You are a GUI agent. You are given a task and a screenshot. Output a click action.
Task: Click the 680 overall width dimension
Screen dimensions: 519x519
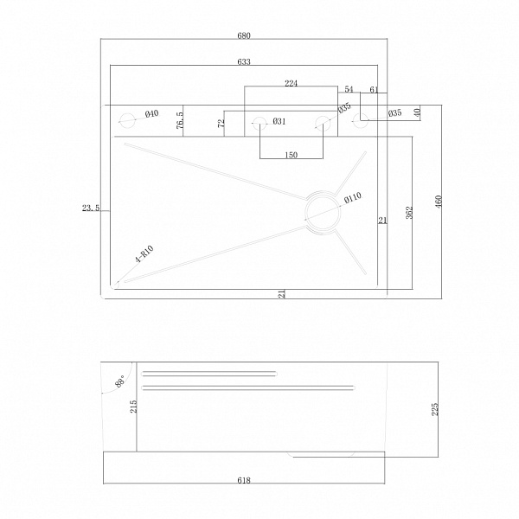click(x=244, y=35)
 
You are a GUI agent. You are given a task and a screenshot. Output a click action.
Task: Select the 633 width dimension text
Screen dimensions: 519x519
click(x=244, y=62)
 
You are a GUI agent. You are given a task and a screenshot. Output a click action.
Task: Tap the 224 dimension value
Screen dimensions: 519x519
click(x=292, y=83)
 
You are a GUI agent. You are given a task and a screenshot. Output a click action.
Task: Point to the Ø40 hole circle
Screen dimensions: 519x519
click(x=127, y=121)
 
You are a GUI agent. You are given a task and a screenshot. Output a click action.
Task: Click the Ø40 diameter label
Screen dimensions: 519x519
click(x=152, y=114)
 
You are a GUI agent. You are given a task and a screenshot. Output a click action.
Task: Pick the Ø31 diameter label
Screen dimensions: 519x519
click(x=279, y=121)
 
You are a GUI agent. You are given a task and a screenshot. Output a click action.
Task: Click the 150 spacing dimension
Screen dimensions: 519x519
click(x=292, y=155)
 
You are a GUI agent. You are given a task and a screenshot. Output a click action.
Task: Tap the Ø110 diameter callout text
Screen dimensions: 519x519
click(x=353, y=198)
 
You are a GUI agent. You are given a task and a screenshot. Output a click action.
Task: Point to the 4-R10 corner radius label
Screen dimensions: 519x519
click(x=144, y=254)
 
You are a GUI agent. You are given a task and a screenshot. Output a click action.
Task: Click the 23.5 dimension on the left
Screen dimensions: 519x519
click(x=91, y=208)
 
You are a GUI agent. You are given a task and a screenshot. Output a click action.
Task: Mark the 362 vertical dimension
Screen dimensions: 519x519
click(x=409, y=213)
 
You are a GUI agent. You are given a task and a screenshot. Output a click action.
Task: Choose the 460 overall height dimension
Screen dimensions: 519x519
click(x=439, y=202)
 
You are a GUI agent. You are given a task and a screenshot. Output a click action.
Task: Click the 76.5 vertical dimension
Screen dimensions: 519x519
click(x=180, y=120)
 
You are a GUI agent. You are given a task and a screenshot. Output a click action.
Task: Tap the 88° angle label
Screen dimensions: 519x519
click(x=120, y=381)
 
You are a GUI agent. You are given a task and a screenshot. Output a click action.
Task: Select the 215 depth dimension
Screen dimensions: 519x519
click(x=133, y=407)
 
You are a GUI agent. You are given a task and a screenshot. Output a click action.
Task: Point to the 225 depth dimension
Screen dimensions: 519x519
click(x=435, y=409)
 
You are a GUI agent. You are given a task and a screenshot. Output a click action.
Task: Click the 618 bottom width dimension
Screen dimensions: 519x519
click(x=244, y=480)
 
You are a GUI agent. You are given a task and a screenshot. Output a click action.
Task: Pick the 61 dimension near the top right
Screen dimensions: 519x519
click(x=374, y=90)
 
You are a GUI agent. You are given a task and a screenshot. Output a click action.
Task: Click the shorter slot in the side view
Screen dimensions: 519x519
click(x=209, y=374)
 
